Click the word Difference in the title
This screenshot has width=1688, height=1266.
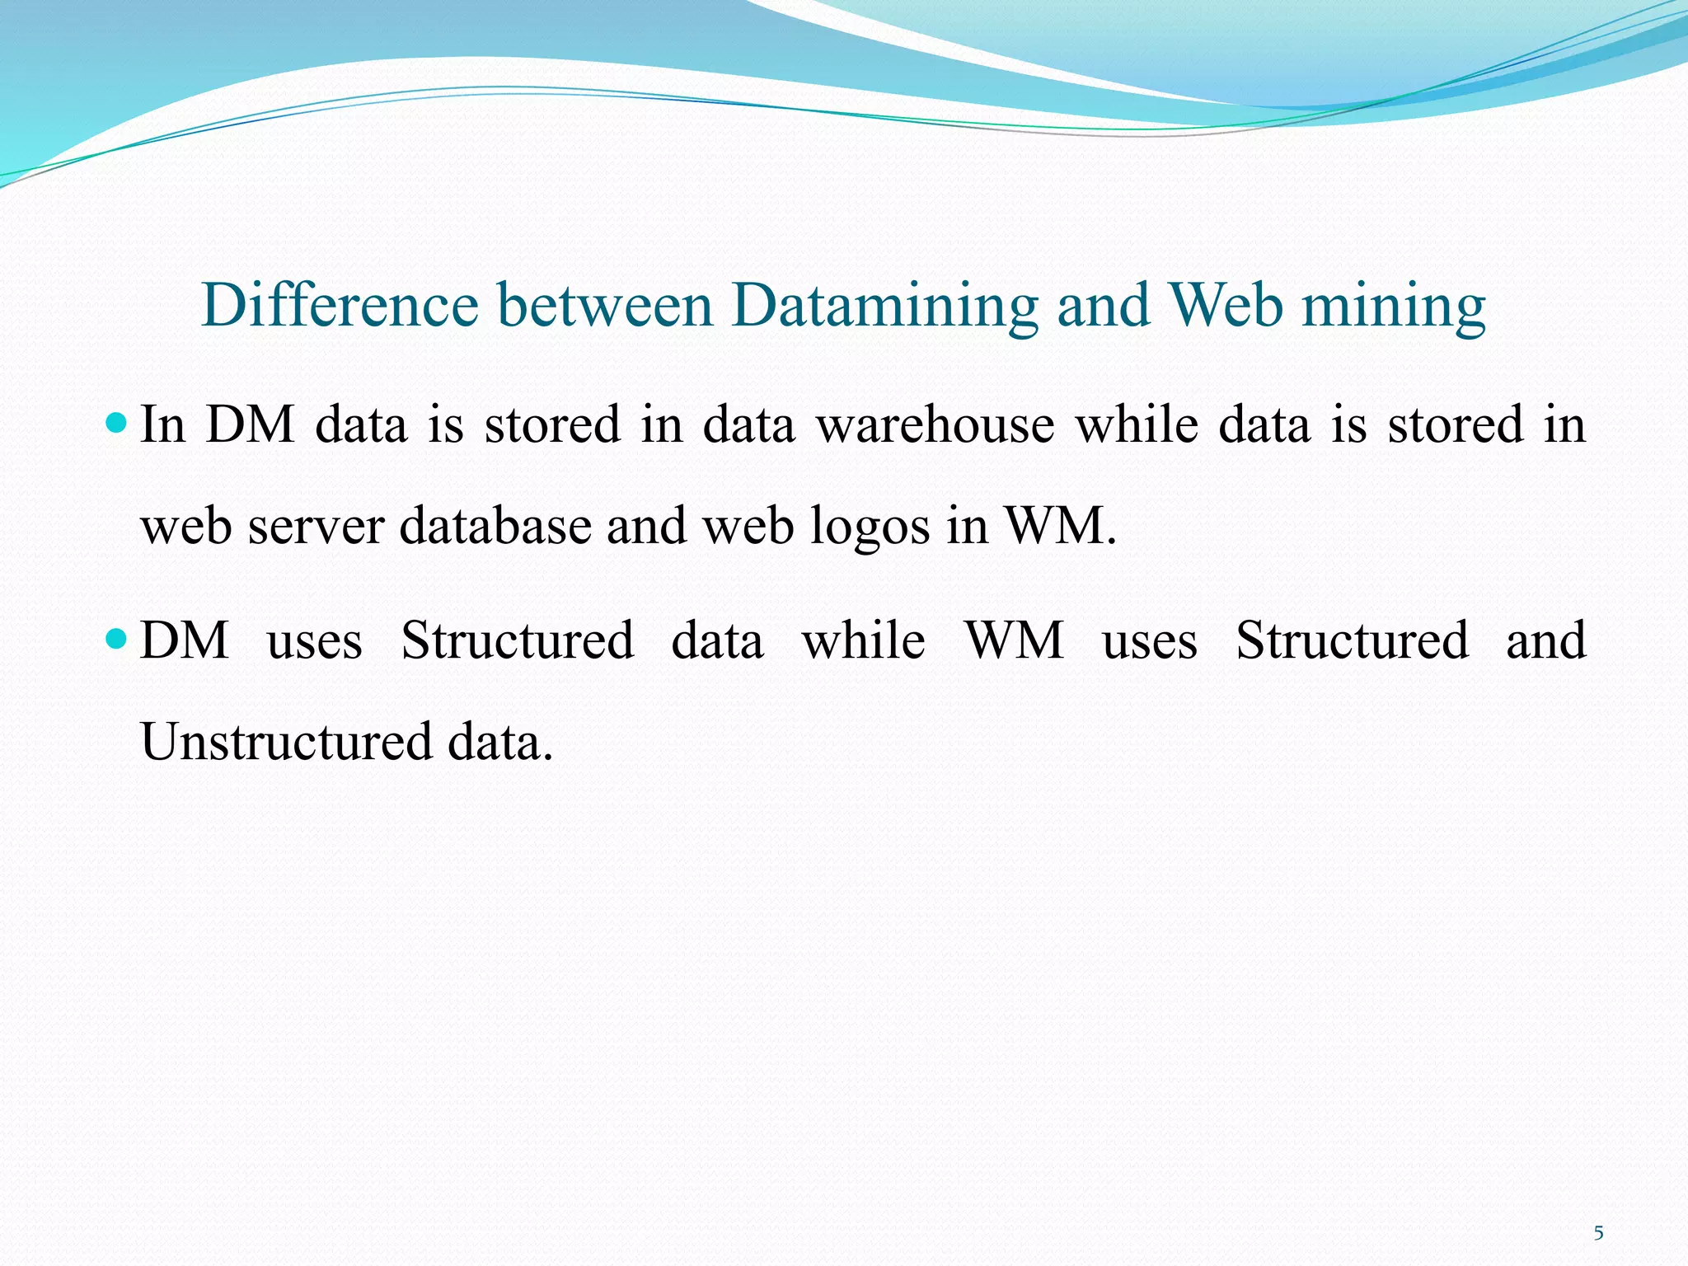340,306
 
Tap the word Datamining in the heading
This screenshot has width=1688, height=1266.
884,306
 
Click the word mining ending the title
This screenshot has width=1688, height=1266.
1393,306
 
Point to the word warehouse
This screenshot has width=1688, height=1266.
935,425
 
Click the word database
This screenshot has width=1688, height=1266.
495,525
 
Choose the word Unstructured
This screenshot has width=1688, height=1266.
286,741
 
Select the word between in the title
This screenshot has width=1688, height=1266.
605,306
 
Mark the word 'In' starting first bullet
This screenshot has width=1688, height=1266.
162,425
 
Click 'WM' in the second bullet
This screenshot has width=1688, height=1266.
1014,640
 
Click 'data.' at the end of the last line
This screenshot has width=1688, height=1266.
500,741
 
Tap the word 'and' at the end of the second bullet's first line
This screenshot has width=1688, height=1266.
1545,640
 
